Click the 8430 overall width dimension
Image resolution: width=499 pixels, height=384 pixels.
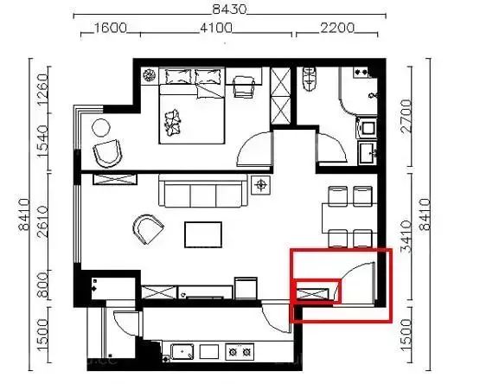coord(229,10)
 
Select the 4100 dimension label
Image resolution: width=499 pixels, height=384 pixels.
coord(216,28)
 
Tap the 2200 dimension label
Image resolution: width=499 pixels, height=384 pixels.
coord(337,28)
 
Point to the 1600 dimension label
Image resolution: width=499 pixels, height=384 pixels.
coord(111,28)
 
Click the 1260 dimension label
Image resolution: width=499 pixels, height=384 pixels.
coord(42,89)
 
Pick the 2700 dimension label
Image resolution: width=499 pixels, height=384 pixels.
coord(406,116)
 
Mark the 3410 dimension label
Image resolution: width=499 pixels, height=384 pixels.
coord(406,236)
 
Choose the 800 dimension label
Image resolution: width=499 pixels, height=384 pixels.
coord(42,285)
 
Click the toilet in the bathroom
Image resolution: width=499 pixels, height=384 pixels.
coord(309,78)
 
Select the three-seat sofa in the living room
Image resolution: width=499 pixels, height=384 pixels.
coord(203,190)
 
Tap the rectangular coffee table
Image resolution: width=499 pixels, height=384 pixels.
coord(203,234)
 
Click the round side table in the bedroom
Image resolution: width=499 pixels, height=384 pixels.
coord(101,128)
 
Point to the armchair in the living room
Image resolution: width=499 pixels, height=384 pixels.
coord(148,229)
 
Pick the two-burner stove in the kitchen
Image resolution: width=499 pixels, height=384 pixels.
coord(240,351)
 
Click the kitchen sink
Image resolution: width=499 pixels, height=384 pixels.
coord(182,351)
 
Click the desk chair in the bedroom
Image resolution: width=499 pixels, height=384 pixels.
coord(244,86)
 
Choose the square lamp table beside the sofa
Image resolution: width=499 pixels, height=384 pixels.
coord(261,185)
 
